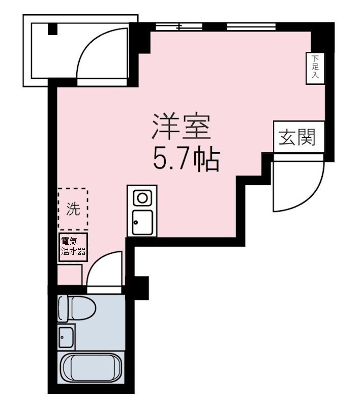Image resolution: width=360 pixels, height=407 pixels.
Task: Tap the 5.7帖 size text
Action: point(186,160)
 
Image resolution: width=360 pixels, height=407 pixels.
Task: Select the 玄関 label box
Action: point(296,137)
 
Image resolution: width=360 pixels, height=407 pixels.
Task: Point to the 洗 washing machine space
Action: point(73,209)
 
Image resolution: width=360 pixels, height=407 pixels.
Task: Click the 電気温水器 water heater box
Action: point(73,247)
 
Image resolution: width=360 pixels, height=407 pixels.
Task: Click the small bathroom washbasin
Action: point(66,335)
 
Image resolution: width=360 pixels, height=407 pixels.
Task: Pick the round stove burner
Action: point(141,197)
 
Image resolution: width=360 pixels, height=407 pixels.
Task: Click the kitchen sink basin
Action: point(142,222)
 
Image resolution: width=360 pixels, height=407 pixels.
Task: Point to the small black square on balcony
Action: point(53,30)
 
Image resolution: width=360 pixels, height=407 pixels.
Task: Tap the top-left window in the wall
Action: point(178,26)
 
